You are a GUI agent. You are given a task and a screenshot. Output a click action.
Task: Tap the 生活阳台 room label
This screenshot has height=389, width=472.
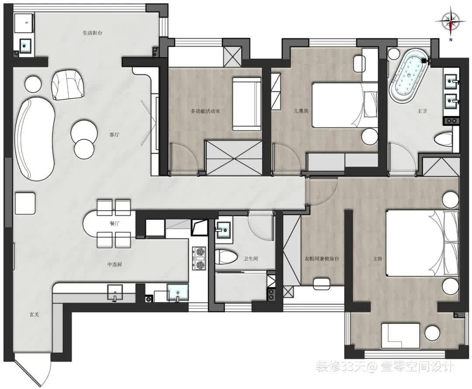92,32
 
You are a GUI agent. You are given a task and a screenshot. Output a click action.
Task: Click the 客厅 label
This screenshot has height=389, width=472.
114,134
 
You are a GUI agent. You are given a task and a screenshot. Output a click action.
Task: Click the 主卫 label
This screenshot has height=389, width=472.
422,111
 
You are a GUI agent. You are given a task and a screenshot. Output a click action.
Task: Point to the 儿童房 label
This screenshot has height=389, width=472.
301,110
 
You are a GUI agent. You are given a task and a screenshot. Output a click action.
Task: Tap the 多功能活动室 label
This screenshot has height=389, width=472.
205,111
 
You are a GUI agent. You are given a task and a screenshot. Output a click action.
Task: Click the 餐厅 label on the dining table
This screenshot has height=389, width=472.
115,224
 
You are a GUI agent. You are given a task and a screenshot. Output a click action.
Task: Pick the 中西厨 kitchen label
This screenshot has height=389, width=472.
115,265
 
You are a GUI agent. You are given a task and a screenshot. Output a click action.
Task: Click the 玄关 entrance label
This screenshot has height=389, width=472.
35,315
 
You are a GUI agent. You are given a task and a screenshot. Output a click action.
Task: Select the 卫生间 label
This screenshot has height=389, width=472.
250,258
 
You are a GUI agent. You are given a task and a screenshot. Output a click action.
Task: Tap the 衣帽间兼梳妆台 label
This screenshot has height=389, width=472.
322,258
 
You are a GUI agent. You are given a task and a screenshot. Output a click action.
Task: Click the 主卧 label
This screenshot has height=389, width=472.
378,258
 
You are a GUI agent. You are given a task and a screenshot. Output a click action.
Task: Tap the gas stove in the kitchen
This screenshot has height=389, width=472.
199,258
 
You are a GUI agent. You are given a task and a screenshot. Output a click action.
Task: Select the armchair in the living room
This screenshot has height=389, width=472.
68,84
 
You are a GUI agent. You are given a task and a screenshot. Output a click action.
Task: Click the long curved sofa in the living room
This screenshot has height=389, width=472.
35,138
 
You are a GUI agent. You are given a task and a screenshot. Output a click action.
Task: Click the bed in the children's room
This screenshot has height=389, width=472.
345,105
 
